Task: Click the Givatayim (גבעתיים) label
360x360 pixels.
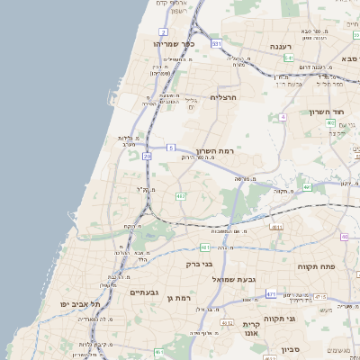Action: pyautogui.click(x=144, y=292)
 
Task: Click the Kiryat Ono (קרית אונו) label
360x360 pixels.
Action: pyautogui.click(x=251, y=328)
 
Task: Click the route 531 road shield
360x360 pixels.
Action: pyautogui.click(x=216, y=43)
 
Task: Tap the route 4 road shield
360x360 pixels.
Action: pyautogui.click(x=283, y=117)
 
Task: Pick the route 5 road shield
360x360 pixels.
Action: pyautogui.click(x=170, y=147)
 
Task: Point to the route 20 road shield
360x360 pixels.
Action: pyautogui.click(x=148, y=157)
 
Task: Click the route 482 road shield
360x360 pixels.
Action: pyautogui.click(x=181, y=195)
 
